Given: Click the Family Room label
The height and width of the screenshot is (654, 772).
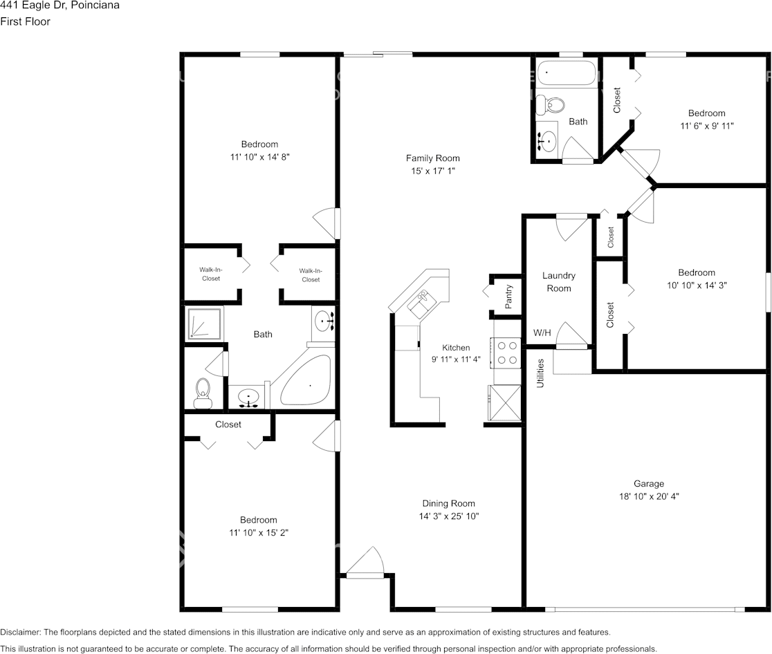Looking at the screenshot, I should [x=432, y=158].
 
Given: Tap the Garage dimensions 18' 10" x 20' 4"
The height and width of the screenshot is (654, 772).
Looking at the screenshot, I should [x=649, y=496].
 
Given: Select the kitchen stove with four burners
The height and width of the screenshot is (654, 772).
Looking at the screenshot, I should [x=506, y=352].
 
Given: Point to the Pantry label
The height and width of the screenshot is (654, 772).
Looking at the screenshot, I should [x=508, y=297].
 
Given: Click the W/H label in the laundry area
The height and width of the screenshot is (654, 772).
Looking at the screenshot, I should [x=542, y=333].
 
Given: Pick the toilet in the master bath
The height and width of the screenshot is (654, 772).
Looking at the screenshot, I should [x=203, y=392].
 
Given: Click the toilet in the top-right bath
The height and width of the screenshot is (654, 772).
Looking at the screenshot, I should [x=551, y=104].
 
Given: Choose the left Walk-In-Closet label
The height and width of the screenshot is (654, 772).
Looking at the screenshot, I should [x=210, y=274].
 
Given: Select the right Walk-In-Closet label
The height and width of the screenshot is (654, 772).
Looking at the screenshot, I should [x=310, y=275].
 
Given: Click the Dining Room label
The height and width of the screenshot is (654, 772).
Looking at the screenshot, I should [x=448, y=503].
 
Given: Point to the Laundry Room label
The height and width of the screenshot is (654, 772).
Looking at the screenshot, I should [x=558, y=281].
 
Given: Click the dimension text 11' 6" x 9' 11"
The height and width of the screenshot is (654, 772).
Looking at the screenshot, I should [x=706, y=126].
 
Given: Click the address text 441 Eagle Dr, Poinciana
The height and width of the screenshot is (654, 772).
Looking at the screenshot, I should [x=59, y=6].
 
